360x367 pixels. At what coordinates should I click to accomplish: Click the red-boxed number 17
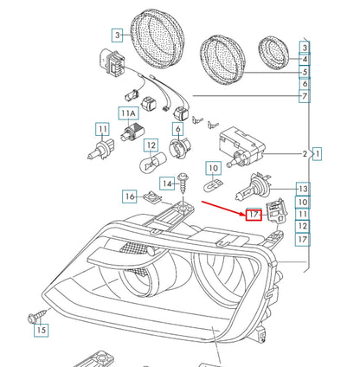[254, 214]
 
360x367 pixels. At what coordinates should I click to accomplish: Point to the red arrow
[224, 207]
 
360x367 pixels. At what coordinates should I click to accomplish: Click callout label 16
[129, 196]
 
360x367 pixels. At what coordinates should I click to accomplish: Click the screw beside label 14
[184, 183]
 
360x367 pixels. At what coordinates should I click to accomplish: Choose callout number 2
[305, 156]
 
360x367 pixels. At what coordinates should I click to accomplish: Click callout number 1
[318, 156]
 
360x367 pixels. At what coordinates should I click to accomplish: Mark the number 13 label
[302, 188]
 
